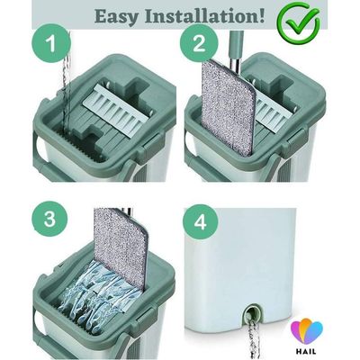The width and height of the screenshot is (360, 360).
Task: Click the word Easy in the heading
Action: tap(117, 16)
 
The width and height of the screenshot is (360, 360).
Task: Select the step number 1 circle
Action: tap(51, 44)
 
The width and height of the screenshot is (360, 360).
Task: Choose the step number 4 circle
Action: tap(201, 222)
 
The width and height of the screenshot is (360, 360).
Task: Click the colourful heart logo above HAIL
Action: tap(306, 332)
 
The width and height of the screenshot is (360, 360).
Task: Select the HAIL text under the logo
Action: tap(306, 351)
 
